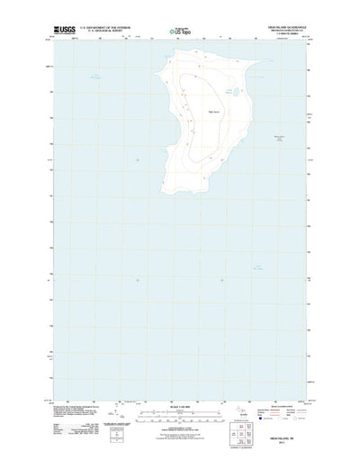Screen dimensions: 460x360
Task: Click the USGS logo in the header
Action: tap(67, 30)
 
